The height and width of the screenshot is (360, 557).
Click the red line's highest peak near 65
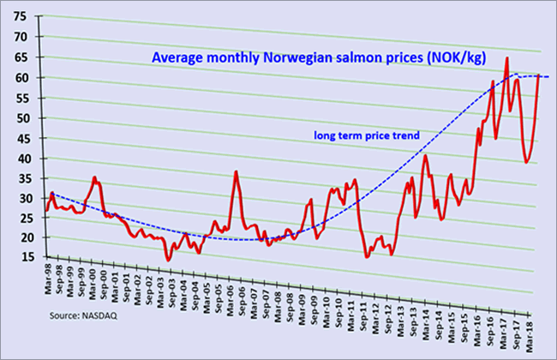(x=507, y=58)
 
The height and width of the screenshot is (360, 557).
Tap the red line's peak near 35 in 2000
(x=94, y=177)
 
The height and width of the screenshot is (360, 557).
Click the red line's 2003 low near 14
(x=169, y=260)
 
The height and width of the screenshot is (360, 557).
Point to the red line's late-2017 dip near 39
(x=526, y=162)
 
